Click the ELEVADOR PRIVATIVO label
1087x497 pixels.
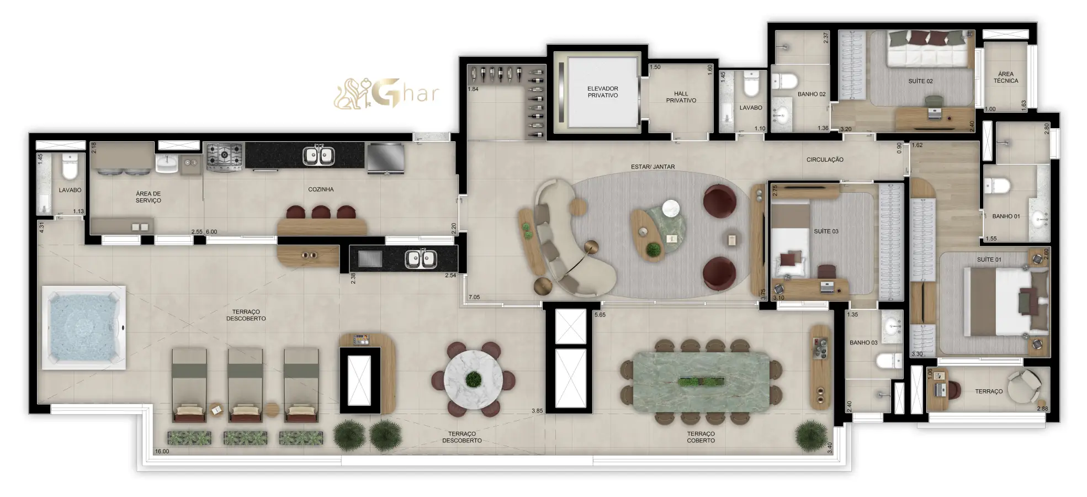pos(602,92)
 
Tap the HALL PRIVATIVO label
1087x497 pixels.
pos(681,97)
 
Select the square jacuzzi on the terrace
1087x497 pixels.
pos(83,328)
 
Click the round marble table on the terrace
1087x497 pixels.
pos(473,379)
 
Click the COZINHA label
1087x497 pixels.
pos(321,189)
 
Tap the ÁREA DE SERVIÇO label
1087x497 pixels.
pos(149,197)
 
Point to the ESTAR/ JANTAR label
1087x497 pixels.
pos(653,167)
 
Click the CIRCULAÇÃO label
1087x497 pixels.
pos(825,160)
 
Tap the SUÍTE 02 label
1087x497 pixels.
pos(920,81)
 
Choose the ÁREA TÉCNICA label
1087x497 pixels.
pos(1006,77)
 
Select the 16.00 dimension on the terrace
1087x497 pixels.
pos(162,451)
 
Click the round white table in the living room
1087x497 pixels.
pos(671,209)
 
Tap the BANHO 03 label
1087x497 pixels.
pos(863,343)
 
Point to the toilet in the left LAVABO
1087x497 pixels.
pos(70,166)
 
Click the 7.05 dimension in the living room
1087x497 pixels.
pos(474,297)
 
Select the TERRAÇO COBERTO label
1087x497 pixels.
pos(701,437)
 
